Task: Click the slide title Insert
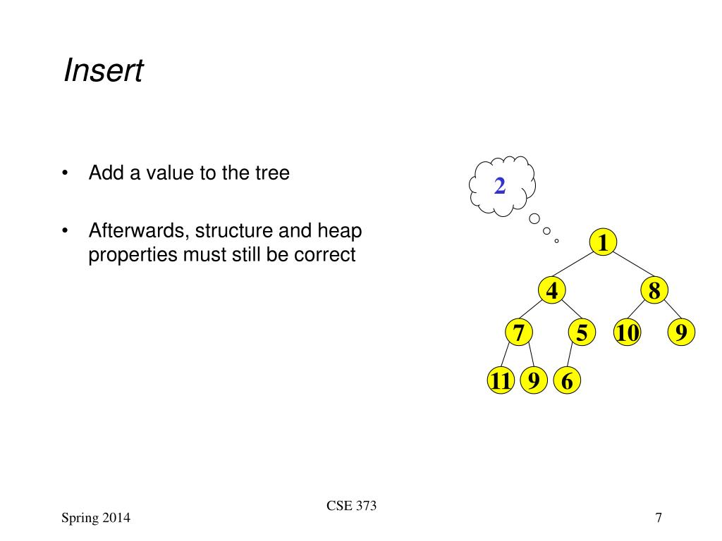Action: click(x=103, y=71)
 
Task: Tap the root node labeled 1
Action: click(x=603, y=243)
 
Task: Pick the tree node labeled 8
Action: click(x=654, y=290)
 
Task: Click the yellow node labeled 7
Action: click(x=519, y=332)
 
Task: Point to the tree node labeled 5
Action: click(x=581, y=332)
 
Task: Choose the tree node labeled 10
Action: click(x=626, y=332)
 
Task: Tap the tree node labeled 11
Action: click(x=500, y=381)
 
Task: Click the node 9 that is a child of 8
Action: click(x=680, y=332)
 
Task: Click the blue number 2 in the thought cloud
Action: click(x=500, y=186)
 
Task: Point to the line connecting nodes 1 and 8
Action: click(x=631, y=268)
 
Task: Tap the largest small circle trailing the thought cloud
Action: click(x=535, y=218)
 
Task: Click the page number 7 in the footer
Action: click(x=658, y=518)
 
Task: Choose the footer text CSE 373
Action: click(x=352, y=506)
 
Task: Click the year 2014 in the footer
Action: click(x=115, y=518)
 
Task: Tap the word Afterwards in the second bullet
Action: click(x=138, y=231)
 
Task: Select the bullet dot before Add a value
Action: click(x=66, y=173)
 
